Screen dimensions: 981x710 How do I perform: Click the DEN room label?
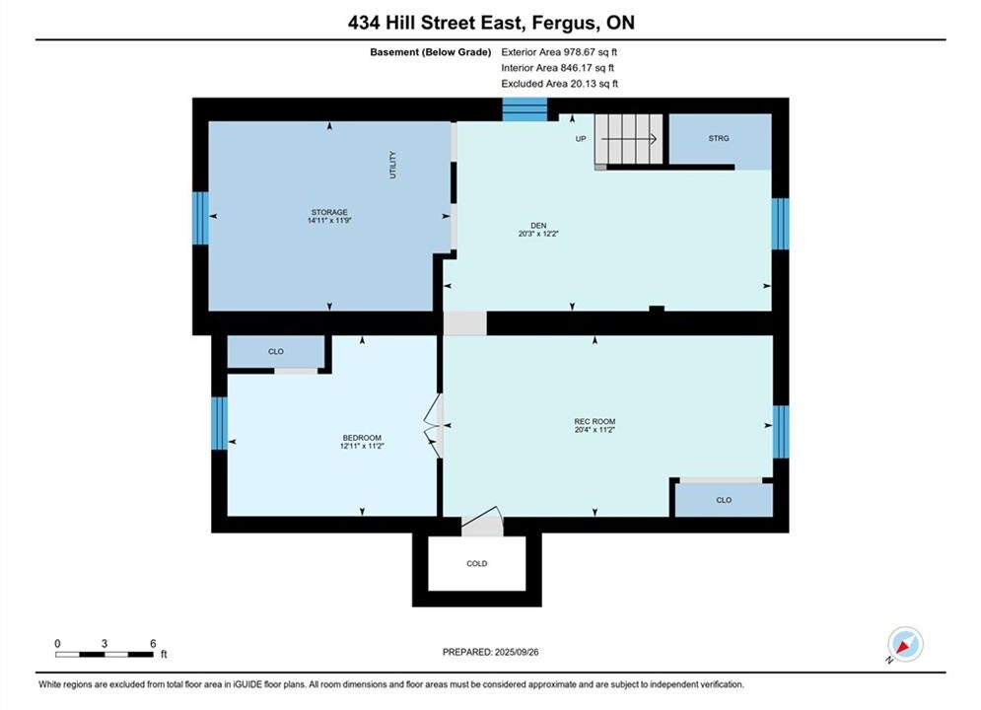(x=538, y=225)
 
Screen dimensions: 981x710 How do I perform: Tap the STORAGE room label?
(x=329, y=212)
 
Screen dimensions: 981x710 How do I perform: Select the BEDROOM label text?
(x=362, y=437)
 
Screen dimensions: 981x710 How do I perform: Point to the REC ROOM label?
(x=595, y=421)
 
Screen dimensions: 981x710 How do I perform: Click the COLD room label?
(x=477, y=564)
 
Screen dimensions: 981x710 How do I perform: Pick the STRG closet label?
(x=719, y=138)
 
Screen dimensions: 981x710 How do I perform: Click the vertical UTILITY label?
(x=393, y=165)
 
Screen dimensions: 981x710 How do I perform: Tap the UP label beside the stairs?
(x=581, y=139)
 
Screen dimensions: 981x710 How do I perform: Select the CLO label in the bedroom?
(x=276, y=352)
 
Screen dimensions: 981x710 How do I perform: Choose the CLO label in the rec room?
(x=724, y=500)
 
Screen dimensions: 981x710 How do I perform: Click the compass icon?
(x=905, y=644)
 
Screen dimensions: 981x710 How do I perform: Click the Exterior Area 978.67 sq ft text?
(x=559, y=52)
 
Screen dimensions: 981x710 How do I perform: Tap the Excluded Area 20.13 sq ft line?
(x=559, y=83)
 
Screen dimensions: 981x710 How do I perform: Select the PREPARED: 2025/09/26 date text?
(x=491, y=652)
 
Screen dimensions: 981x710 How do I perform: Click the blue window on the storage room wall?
(x=200, y=218)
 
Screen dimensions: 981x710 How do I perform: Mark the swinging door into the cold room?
(x=482, y=521)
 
